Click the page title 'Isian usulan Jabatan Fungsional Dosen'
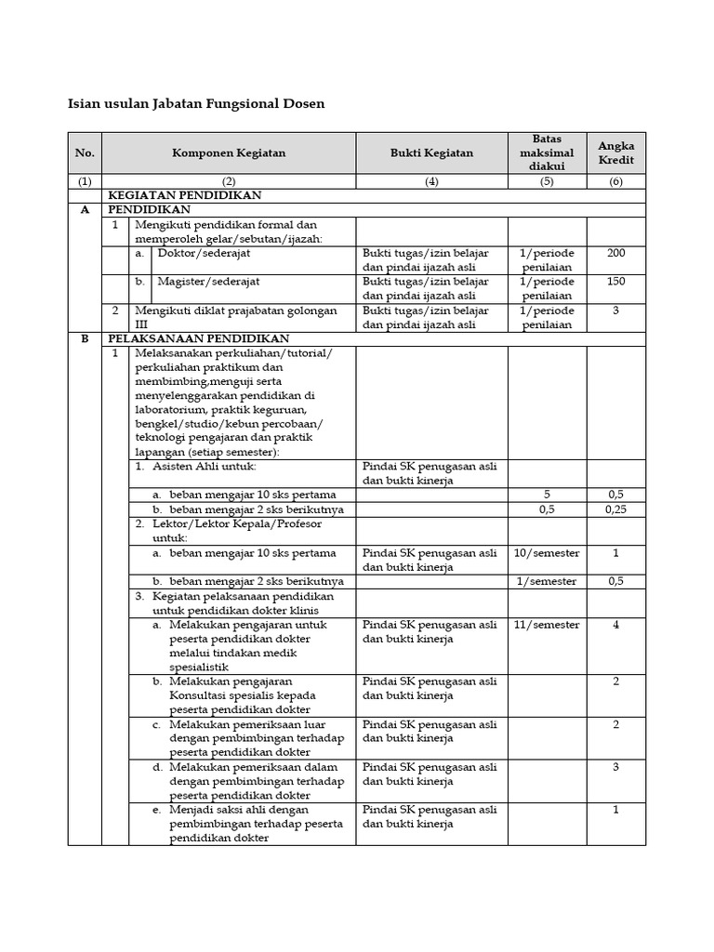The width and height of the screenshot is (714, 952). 196,104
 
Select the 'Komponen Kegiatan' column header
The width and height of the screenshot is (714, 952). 229,153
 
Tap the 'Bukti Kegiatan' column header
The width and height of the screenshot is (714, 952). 430,153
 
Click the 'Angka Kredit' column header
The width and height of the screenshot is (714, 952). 615,153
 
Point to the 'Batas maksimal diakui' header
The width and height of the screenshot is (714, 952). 547,153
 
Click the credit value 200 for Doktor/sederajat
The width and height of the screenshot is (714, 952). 615,253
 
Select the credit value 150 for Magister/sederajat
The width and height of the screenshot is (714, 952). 615,282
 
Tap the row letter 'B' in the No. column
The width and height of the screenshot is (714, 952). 85,339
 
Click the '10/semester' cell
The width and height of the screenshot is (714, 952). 547,553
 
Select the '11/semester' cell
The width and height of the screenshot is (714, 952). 547,625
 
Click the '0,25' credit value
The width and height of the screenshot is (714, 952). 615,509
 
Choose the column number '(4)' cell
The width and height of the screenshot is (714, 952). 430,182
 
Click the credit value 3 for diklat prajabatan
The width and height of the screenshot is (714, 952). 615,311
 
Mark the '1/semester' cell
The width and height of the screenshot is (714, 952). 547,582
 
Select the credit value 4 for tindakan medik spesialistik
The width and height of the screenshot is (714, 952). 615,625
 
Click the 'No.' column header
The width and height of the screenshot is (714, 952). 85,153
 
